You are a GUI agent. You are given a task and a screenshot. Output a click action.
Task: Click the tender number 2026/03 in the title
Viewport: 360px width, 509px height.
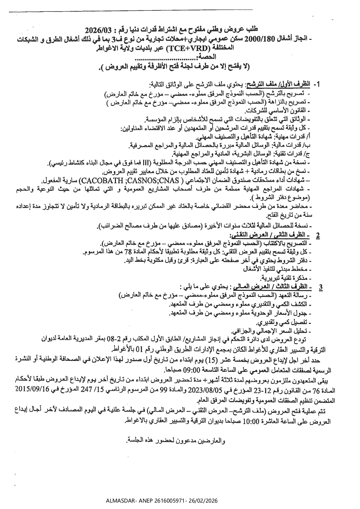click(98, 30)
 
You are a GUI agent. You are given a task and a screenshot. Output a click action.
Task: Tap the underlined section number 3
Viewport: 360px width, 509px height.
click(321, 287)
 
